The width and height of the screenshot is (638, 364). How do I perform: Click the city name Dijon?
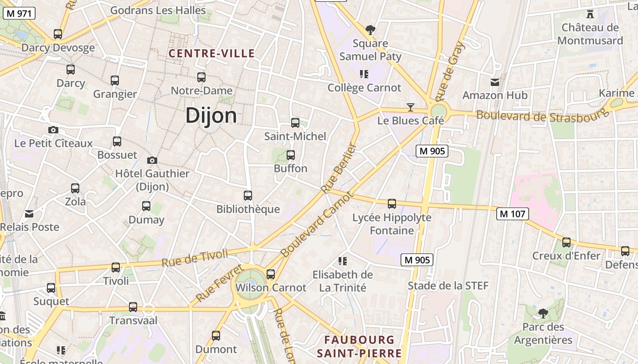coord(211,116)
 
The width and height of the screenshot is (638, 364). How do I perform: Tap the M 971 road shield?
coord(19,13)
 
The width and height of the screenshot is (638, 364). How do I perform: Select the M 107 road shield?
coord(513,213)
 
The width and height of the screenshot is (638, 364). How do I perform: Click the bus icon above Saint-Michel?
coord(295,122)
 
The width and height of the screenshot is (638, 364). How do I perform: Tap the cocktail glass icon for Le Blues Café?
coord(411,107)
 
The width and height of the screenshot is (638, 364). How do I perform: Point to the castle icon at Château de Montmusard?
coord(590,14)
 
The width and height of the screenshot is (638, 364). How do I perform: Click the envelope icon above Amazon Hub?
coord(494,82)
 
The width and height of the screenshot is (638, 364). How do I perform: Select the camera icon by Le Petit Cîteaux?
coord(53,130)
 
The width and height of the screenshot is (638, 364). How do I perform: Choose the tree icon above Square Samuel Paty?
coord(370,30)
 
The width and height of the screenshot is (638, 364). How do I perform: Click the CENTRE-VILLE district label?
coord(211,53)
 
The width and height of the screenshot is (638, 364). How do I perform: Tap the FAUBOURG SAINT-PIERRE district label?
coord(359,346)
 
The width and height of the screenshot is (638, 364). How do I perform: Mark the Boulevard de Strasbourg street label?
coord(542,116)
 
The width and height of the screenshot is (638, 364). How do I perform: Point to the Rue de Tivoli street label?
coord(195,258)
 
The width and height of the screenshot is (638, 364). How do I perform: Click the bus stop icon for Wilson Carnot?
coord(271,274)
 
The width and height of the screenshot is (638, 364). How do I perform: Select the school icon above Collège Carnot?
coord(364,74)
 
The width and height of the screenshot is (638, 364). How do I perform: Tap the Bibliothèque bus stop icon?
coord(248,196)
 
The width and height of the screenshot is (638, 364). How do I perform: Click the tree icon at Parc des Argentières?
coord(543,313)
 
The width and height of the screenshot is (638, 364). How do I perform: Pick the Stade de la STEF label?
coord(448,286)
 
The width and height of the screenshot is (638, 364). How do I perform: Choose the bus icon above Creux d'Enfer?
coord(566,243)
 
